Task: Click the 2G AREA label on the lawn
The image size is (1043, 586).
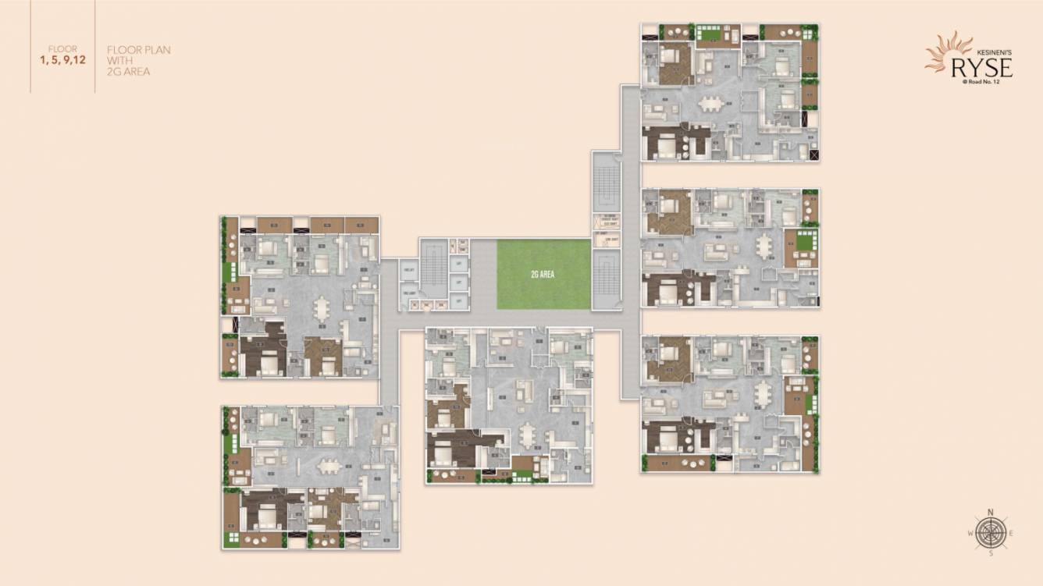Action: pyautogui.click(x=543, y=275)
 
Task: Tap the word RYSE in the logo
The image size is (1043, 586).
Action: pyautogui.click(x=981, y=68)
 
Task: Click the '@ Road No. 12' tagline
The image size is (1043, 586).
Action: pyautogui.click(x=986, y=83)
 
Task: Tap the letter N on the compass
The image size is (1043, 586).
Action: pyautogui.click(x=991, y=512)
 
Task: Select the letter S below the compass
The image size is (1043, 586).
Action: pyautogui.click(x=991, y=553)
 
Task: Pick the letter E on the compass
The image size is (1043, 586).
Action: pyautogui.click(x=1012, y=533)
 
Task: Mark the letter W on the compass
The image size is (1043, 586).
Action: pyautogui.click(x=970, y=533)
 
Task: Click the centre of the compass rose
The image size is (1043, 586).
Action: pyautogui.click(x=991, y=533)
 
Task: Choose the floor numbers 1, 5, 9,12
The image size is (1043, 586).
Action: pyautogui.click(x=62, y=59)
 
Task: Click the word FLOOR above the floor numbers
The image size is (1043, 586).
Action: pyautogui.click(x=62, y=48)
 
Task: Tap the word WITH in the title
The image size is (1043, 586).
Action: pyautogui.click(x=117, y=61)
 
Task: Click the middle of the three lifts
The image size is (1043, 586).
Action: pyautogui.click(x=460, y=282)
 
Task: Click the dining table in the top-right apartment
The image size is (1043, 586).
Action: pyautogui.click(x=711, y=104)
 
